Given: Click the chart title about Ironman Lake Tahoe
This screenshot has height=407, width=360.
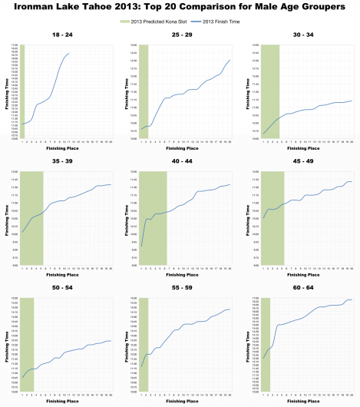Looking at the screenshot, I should click(180, 8).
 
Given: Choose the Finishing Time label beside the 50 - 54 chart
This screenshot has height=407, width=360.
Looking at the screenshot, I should click(6, 345).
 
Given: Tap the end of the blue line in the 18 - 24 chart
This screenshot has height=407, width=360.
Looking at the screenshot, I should click(70, 54).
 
